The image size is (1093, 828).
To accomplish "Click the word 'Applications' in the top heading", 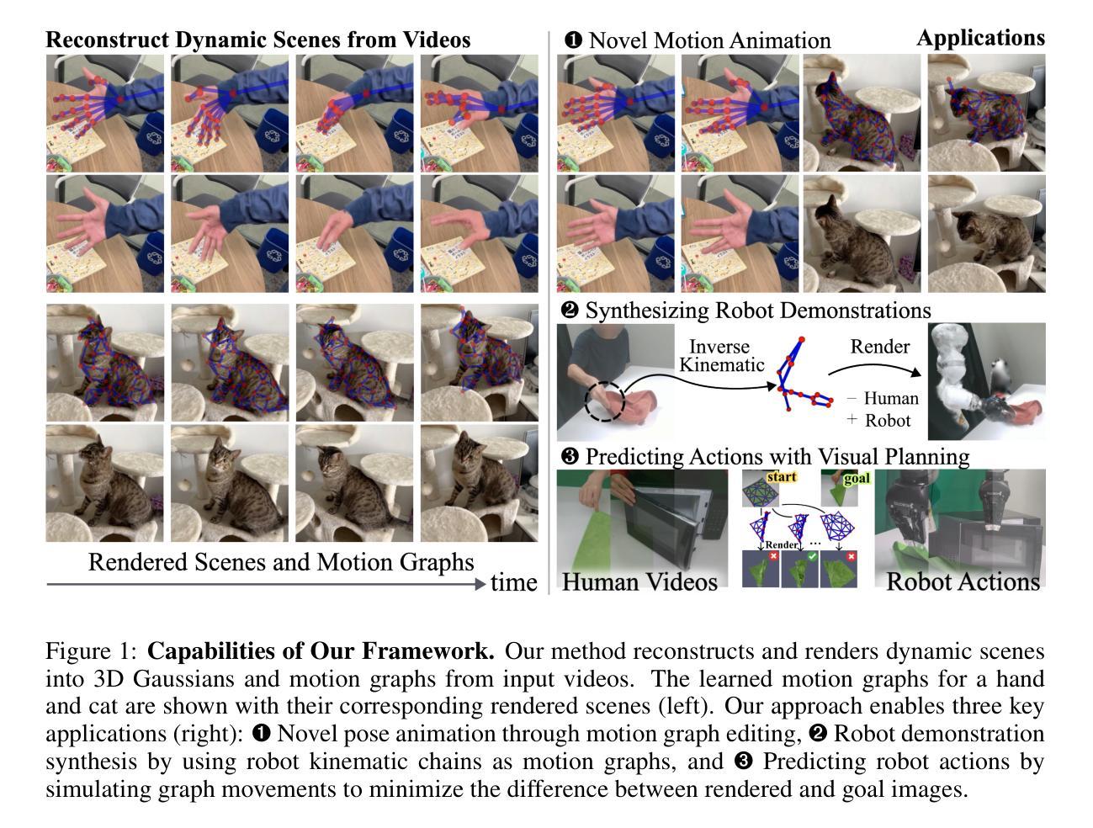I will pyautogui.click(x=980, y=38).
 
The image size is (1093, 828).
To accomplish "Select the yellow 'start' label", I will pyautogui.click(x=780, y=477).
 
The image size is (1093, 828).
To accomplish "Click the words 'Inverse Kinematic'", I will pyautogui.click(x=721, y=355).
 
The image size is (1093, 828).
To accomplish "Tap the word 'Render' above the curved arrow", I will pyautogui.click(x=879, y=347).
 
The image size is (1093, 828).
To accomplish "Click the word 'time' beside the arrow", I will pyautogui.click(x=513, y=582).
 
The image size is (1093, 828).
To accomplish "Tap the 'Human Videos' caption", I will pyautogui.click(x=639, y=581).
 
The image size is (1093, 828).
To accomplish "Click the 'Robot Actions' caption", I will pyautogui.click(x=963, y=581).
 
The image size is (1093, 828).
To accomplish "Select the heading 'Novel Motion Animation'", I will pyautogui.click(x=708, y=40).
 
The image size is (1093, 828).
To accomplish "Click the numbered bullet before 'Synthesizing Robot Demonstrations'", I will pyautogui.click(x=570, y=310).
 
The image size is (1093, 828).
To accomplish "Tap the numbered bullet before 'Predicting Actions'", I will pyautogui.click(x=570, y=456).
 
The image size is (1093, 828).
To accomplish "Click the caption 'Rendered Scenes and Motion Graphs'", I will pyautogui.click(x=281, y=561).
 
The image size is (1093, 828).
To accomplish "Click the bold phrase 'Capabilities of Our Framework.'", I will pyautogui.click(x=321, y=651).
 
